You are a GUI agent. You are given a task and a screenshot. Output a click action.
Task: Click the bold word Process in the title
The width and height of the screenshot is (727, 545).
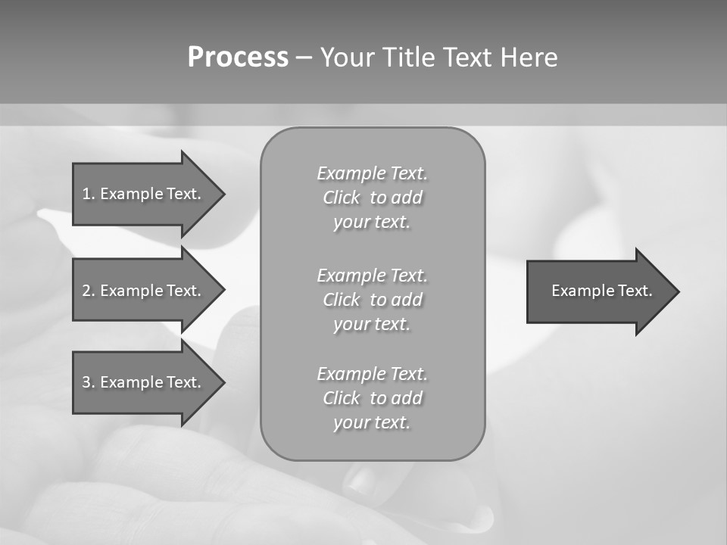tap(238, 58)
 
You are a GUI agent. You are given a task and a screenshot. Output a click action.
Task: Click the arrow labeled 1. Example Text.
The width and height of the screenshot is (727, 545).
tap(144, 194)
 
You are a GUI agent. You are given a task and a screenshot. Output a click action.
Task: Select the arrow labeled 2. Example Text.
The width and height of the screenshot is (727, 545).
tap(144, 291)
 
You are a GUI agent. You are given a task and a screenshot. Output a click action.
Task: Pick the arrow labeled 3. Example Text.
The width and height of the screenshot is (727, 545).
tap(144, 382)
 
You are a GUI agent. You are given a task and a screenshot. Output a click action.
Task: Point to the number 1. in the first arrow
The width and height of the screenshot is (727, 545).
tap(89, 194)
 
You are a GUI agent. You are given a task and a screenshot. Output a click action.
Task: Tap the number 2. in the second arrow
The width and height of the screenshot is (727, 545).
tap(89, 291)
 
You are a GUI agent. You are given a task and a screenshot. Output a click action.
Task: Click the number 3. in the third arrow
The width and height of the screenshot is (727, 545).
tap(89, 382)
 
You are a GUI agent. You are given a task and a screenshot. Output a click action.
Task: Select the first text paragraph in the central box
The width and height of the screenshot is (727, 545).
tap(373, 198)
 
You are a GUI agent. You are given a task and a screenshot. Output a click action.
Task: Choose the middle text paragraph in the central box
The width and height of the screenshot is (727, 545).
tap(373, 299)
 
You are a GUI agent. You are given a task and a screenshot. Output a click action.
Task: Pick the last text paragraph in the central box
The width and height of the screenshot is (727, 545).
tap(373, 398)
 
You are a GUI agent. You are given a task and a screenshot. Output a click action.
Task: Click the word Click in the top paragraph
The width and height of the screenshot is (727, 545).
tap(342, 198)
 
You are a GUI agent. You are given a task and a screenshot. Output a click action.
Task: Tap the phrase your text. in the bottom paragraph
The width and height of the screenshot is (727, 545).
tap(372, 422)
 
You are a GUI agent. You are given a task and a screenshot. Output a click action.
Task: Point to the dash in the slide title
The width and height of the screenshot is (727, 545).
tap(304, 58)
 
